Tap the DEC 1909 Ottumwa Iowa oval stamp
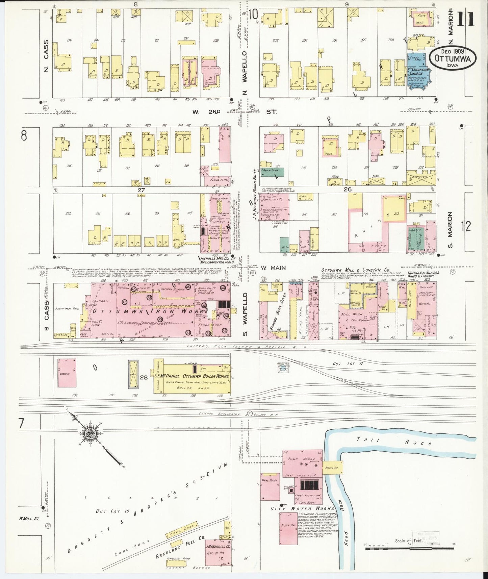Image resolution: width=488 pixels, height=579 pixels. [x=453, y=58]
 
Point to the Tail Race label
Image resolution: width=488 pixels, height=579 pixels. [x=392, y=441]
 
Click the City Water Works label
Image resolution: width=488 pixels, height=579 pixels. [x=302, y=508]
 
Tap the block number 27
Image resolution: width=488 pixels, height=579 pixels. [x=141, y=190]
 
